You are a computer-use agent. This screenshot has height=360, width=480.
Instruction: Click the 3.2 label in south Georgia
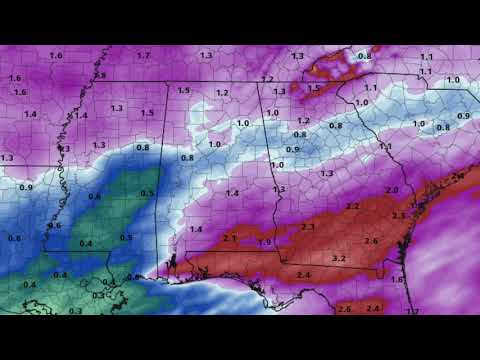pyautogui.click(x=338, y=258)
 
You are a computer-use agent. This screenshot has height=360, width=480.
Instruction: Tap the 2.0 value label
pyautogui.click(x=392, y=190)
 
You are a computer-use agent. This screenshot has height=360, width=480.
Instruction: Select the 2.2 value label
pyautogui.click(x=352, y=205)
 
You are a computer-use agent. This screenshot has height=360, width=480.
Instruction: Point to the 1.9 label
pyautogui.click(x=264, y=242)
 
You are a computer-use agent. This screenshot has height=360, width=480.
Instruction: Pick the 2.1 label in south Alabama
pyautogui.click(x=229, y=238)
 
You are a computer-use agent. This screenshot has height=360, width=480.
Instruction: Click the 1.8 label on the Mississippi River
pyautogui.click(x=100, y=75)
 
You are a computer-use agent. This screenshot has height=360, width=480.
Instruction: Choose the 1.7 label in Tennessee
pyautogui.click(x=144, y=55)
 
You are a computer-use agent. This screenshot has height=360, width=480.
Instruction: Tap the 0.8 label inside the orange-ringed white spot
pyautogui.click(x=364, y=56)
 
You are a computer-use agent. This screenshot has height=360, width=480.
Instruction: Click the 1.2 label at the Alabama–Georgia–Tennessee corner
pyautogui.click(x=267, y=79)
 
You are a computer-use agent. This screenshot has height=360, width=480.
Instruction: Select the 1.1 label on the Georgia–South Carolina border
pyautogui.click(x=385, y=146)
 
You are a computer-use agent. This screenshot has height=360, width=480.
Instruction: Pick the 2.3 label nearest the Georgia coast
pyautogui.click(x=399, y=215)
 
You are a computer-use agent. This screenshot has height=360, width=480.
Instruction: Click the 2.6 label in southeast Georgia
pyautogui.click(x=370, y=241)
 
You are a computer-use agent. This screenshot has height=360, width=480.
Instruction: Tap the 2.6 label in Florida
pyautogui.click(x=345, y=310)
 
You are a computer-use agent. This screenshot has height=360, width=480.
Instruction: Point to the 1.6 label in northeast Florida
pyautogui.click(x=396, y=280)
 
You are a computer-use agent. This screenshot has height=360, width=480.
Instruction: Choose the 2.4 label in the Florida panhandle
pyautogui.click(x=303, y=274)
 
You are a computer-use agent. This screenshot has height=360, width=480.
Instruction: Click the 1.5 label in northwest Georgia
pyautogui.click(x=314, y=88)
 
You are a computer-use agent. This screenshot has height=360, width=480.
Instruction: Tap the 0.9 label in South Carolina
pyautogui.click(x=463, y=117)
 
